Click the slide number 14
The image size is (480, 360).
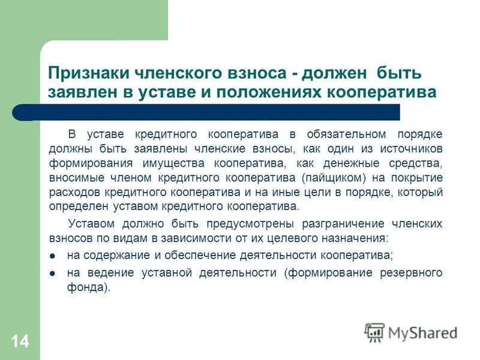coord(19,341)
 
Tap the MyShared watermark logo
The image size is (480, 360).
coord(411,332)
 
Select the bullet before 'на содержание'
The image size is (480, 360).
coord(53,256)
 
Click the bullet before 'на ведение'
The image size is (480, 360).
coord(53,273)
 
